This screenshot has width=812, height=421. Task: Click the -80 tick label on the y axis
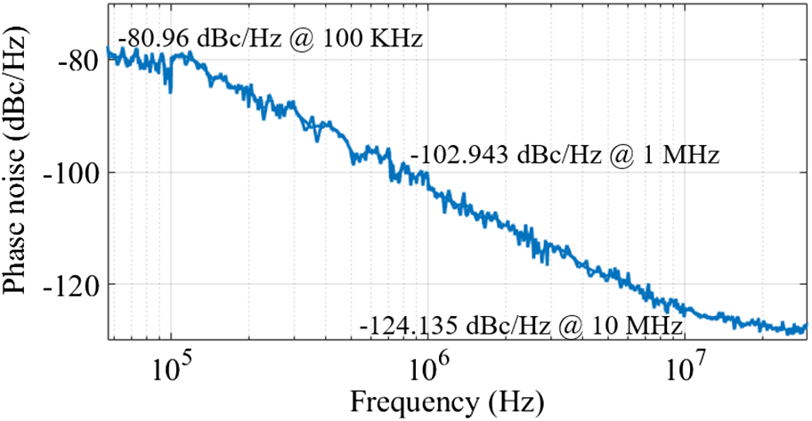77,60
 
